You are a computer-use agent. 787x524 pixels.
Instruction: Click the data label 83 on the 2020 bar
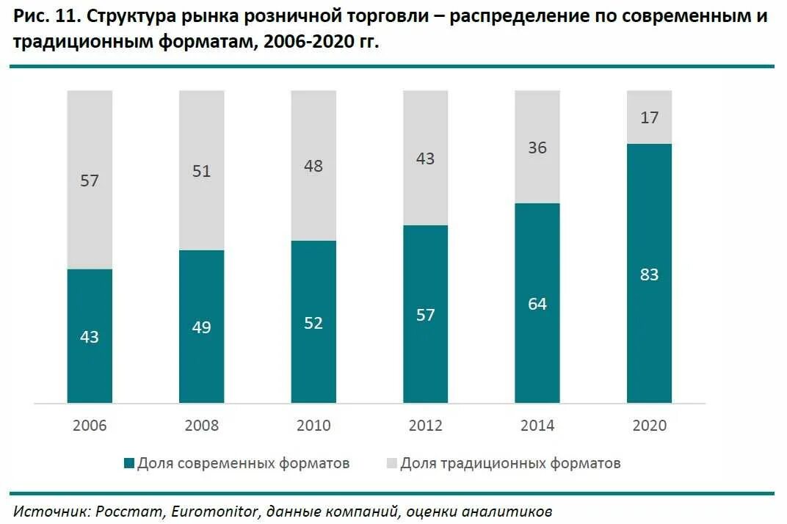pos(649,274)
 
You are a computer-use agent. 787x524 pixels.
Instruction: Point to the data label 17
pos(649,116)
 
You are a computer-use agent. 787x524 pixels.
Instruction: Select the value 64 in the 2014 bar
pos(537,304)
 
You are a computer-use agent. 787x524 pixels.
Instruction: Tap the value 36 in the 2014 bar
pos(537,148)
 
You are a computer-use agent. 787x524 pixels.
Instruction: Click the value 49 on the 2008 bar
pos(201,327)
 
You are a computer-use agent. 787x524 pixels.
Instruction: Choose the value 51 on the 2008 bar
pos(201,171)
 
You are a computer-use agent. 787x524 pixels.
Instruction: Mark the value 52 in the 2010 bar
pos(313,323)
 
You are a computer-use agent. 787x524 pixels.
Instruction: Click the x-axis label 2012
pos(426,426)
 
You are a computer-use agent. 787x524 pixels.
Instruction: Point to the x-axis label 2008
pos(201,426)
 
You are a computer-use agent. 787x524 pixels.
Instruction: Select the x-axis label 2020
pos(649,426)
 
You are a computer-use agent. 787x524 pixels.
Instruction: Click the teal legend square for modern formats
pos(129,463)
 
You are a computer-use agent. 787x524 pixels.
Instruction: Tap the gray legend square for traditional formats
pos(391,463)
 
